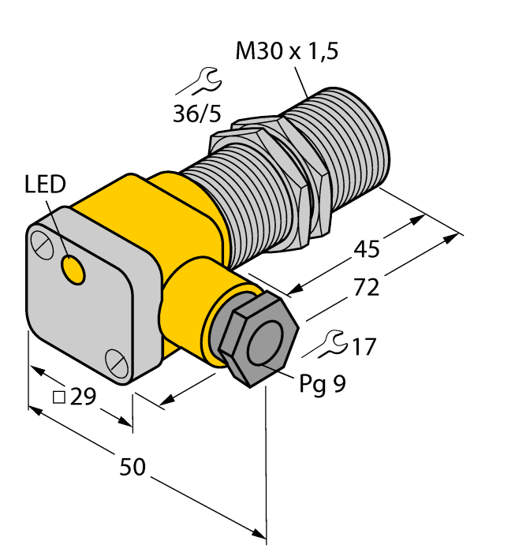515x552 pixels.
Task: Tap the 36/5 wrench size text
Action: [x=196, y=114]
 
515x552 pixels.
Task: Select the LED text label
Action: [x=44, y=187]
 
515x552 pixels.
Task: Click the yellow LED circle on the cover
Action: [x=74, y=270]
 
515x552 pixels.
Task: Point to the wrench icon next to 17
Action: [x=335, y=342]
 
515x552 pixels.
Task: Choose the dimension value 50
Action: [x=133, y=467]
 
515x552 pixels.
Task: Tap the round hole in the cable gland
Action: [x=266, y=344]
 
